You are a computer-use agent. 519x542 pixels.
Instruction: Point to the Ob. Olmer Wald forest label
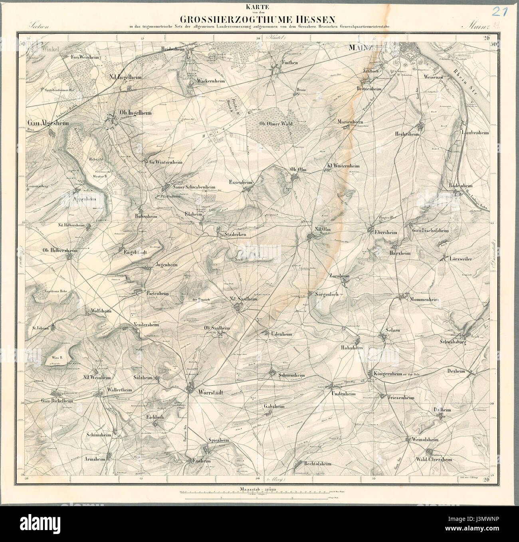click(276, 124)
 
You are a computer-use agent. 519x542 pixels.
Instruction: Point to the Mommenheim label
click(426, 299)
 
